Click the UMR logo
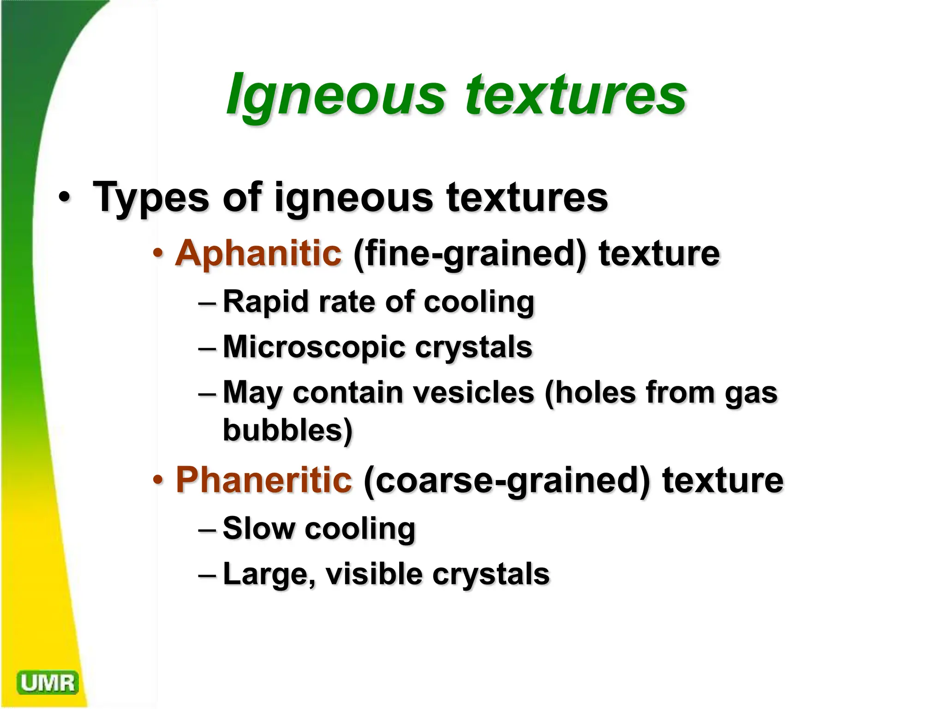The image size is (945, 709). (48, 683)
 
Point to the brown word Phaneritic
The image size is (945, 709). (264, 480)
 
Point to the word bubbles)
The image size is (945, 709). (288, 430)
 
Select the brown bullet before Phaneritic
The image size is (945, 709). (158, 480)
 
